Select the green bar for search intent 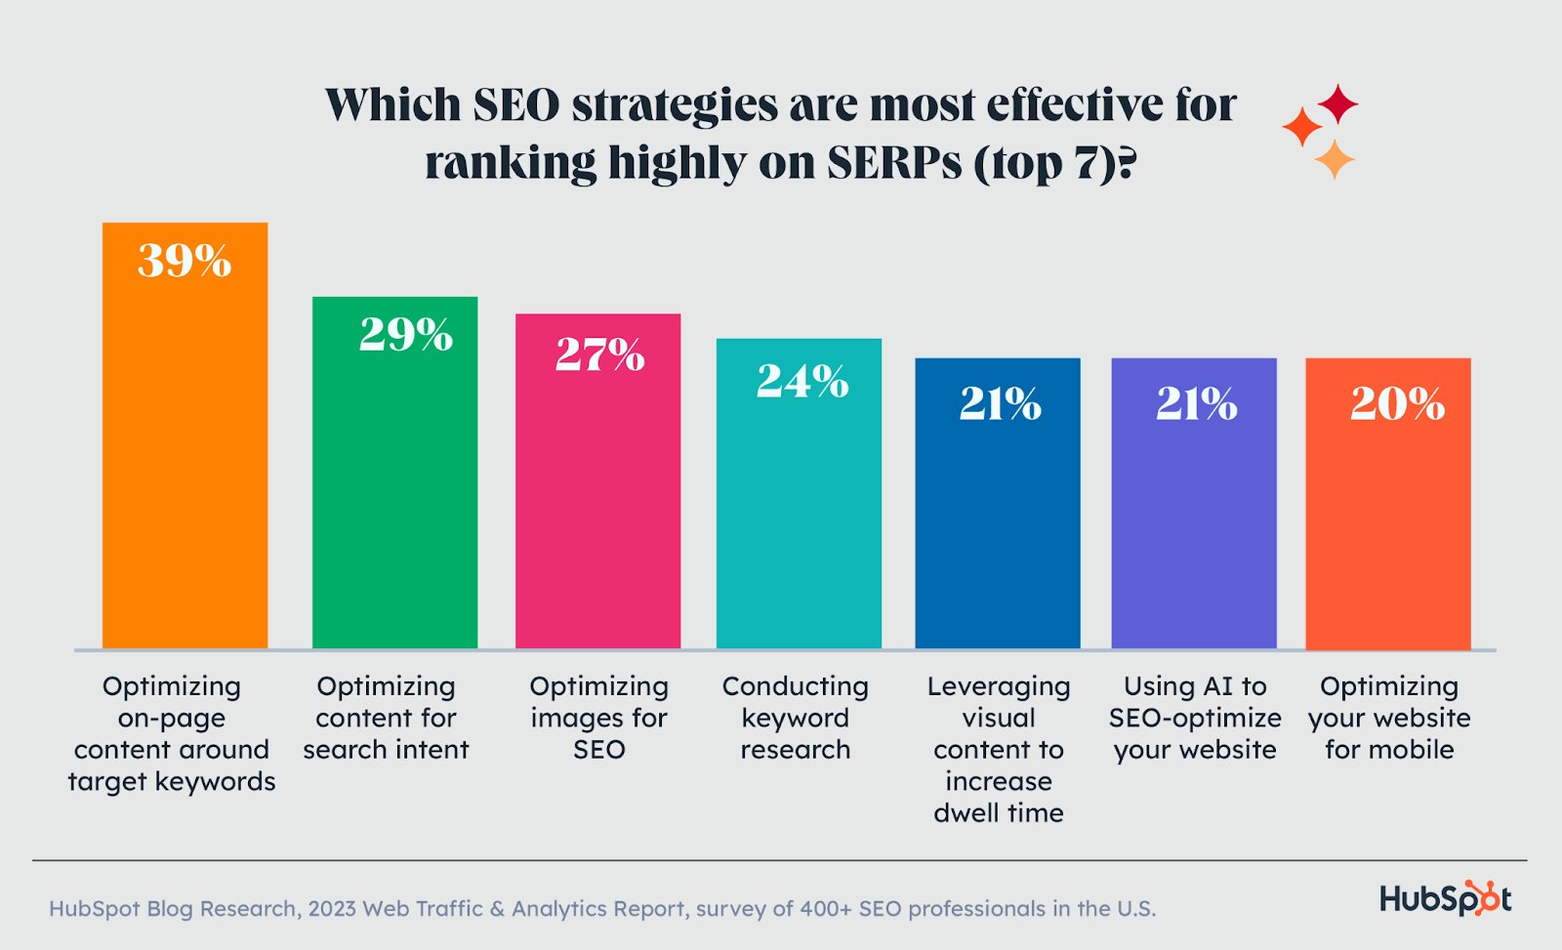tap(394, 488)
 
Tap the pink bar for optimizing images tap(597, 498)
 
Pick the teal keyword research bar tap(799, 508)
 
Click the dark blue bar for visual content tap(997, 517)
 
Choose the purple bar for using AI tap(1193, 517)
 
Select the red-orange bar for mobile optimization tap(1387, 517)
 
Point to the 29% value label tap(406, 335)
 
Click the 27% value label tap(599, 354)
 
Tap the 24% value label tap(802, 381)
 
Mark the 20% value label tap(1397, 403)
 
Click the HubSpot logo tap(1445, 898)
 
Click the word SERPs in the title tap(894, 163)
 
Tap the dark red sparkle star tap(1337, 103)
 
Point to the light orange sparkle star tap(1334, 159)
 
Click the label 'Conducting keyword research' tap(795, 718)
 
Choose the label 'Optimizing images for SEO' tap(598, 718)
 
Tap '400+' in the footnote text tap(826, 909)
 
